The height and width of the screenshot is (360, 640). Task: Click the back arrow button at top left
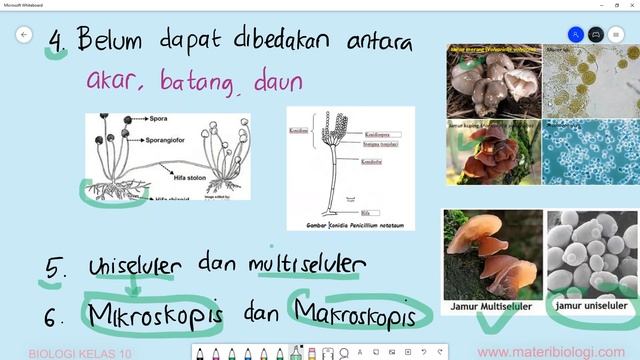coord(25,35)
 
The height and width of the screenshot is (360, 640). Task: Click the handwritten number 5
coord(56,269)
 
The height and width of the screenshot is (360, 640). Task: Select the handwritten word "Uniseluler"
coord(134,267)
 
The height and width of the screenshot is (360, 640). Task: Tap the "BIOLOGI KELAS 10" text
coord(80,353)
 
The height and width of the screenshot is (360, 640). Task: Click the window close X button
coord(628,5)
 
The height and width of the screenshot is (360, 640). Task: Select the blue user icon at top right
coord(576,35)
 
